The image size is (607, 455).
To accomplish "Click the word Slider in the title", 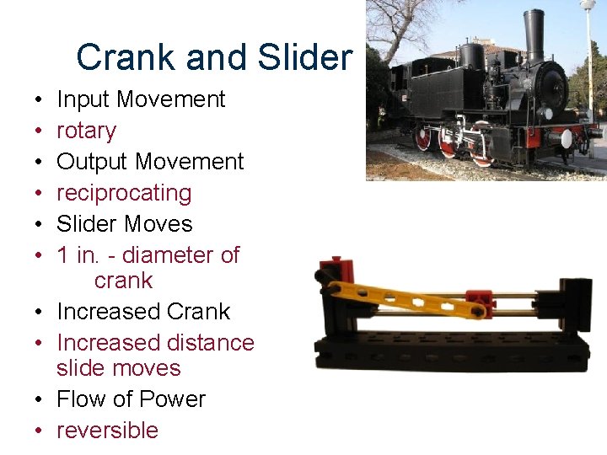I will pos(305,57).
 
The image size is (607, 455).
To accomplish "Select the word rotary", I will pos(86,131).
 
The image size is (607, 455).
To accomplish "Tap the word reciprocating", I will pos(124,193).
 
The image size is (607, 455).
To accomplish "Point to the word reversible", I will pos(107,431).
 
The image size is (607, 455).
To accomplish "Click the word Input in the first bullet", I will pos(83,99).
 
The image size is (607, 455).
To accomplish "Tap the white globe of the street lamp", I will pos(588,5).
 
